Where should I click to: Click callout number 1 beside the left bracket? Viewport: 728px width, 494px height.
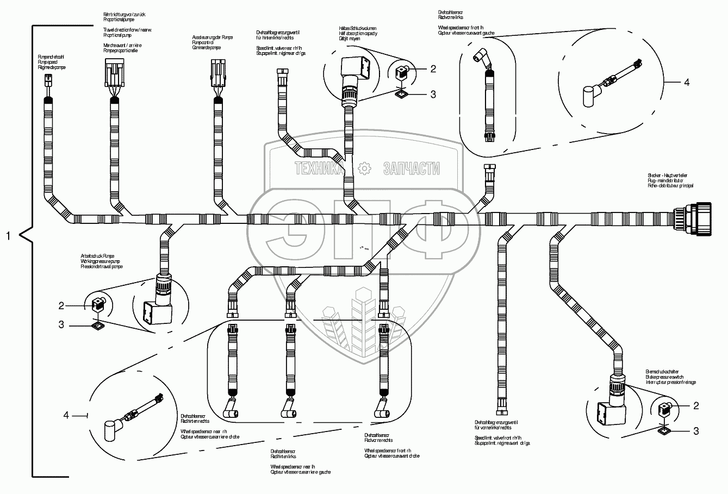pos(8,236)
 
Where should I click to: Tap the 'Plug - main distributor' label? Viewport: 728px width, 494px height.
pos(669,180)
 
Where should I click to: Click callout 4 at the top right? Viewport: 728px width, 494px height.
pos(686,83)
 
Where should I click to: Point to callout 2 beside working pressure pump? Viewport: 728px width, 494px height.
pos(62,305)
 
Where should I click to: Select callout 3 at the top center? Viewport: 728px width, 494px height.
pos(433,94)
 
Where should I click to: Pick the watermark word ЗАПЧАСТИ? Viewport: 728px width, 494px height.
pos(411,170)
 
